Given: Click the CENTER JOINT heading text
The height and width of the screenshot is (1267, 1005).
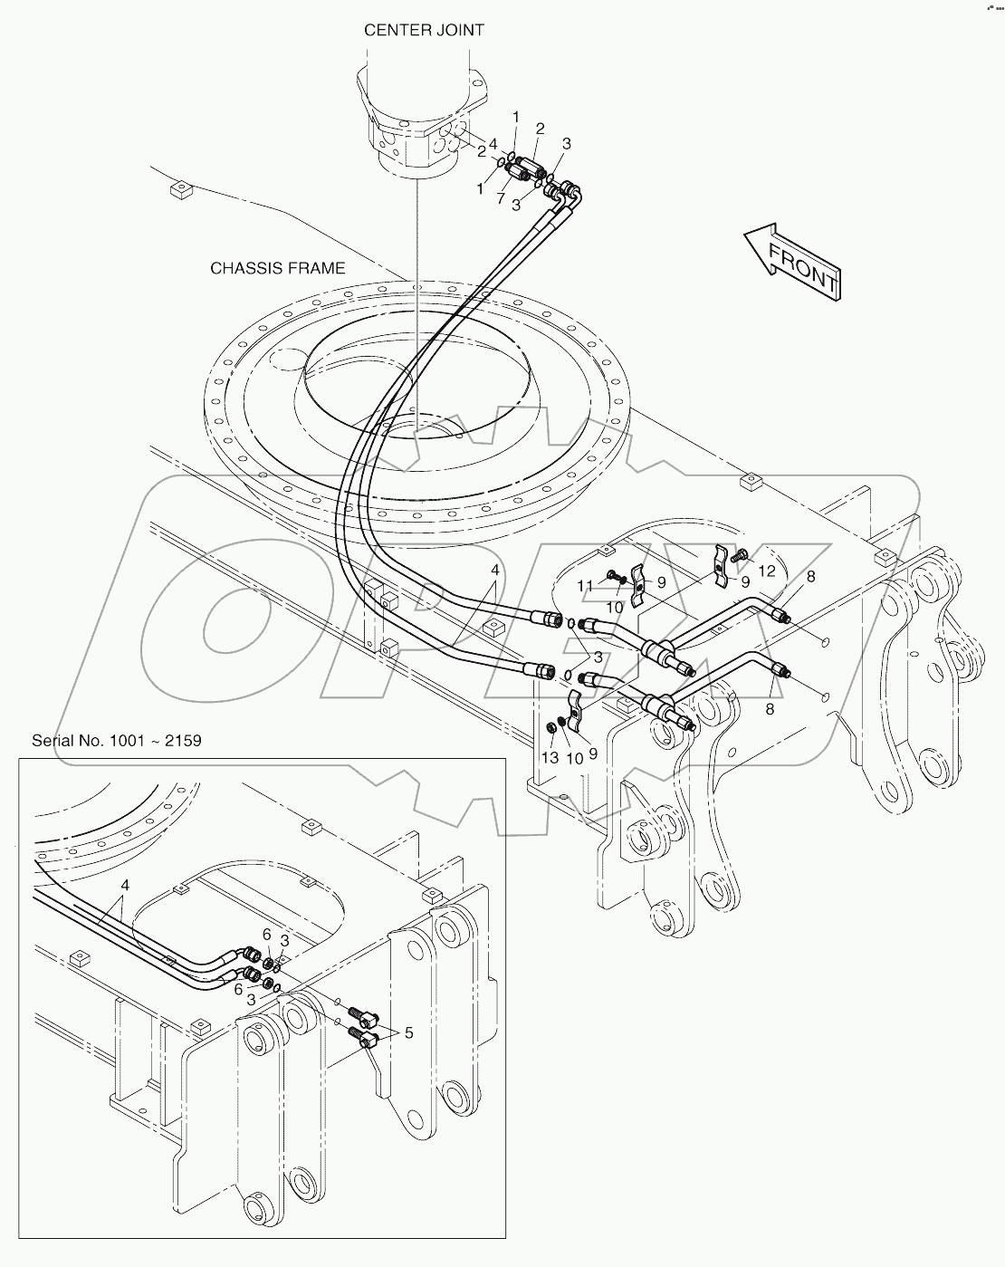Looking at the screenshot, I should [423, 30].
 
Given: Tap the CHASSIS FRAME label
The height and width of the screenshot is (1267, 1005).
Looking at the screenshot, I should [277, 268].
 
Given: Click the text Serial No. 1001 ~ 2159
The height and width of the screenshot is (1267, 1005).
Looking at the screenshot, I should [117, 740].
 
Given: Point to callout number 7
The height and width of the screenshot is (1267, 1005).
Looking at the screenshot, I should [500, 197].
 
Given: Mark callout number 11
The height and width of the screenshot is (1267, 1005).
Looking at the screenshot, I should [586, 587].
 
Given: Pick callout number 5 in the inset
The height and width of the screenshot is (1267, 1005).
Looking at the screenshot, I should [408, 1032].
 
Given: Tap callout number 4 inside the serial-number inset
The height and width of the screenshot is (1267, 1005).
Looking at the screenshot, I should [125, 885].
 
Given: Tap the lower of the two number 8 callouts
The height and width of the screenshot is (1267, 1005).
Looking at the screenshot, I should [769, 709].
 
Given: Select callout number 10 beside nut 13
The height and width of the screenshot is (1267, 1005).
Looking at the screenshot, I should [574, 757].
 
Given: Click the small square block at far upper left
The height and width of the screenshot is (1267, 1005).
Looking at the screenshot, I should [178, 189].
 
